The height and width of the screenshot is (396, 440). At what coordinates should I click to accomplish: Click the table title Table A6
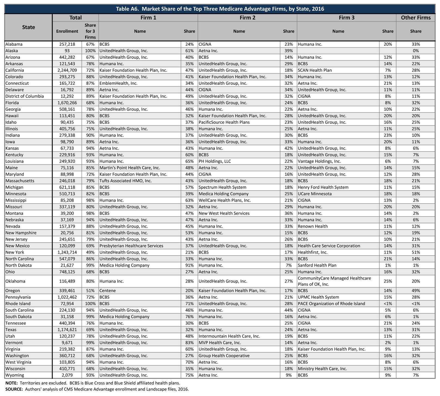220,9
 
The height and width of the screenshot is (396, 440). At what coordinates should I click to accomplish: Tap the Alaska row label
13,51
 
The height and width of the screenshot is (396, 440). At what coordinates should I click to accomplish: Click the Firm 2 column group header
247,18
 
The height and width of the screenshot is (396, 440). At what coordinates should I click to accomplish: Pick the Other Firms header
415,18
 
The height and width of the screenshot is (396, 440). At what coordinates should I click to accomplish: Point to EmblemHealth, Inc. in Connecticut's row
118,83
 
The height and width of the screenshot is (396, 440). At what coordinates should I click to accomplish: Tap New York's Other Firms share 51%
415,252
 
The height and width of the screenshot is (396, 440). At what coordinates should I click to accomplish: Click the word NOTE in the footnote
11,383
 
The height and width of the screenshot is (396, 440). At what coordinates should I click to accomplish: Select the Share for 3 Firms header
90,31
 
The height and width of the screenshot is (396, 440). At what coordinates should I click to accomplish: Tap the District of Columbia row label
25,96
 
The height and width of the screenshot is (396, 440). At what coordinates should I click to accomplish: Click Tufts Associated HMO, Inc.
126,181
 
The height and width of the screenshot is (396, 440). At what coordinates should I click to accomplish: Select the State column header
29,27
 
